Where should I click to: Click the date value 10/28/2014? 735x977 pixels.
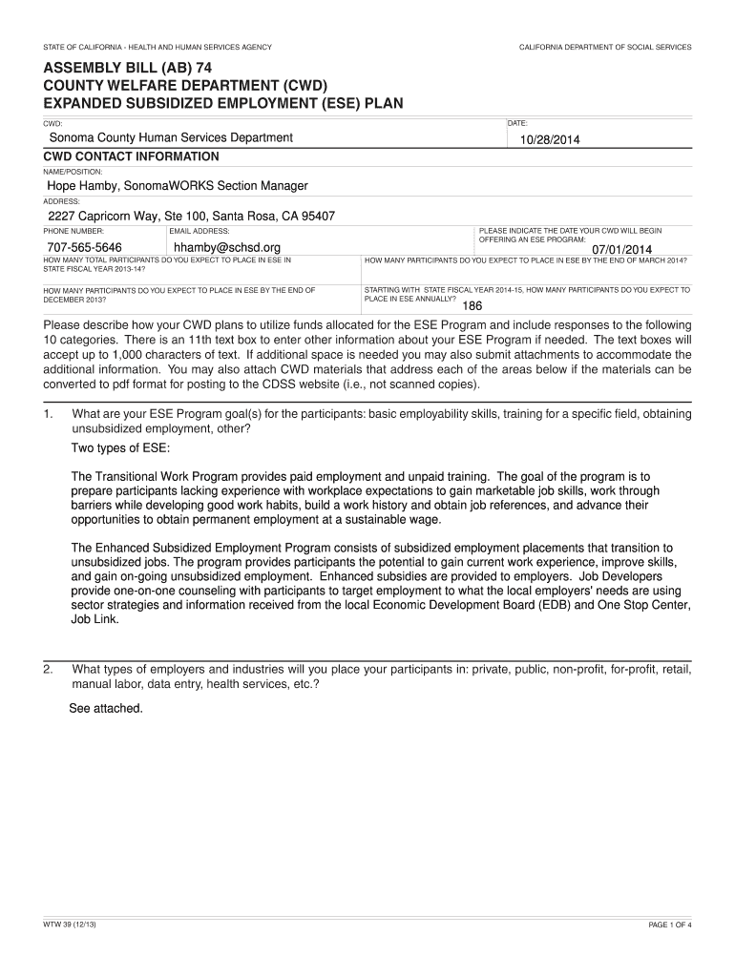coord(550,140)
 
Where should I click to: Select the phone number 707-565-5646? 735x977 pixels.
coord(85,248)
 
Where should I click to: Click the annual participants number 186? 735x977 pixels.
coord(472,306)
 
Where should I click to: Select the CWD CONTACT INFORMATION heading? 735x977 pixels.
coord(132,156)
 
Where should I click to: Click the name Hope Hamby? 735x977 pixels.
coord(84,186)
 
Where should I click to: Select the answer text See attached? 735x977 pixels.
coord(106,709)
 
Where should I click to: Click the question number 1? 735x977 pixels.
coord(48,414)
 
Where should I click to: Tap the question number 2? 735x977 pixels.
coord(48,670)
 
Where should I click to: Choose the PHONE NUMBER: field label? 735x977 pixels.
coord(73,231)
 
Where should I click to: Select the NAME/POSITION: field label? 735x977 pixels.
coord(73,172)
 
